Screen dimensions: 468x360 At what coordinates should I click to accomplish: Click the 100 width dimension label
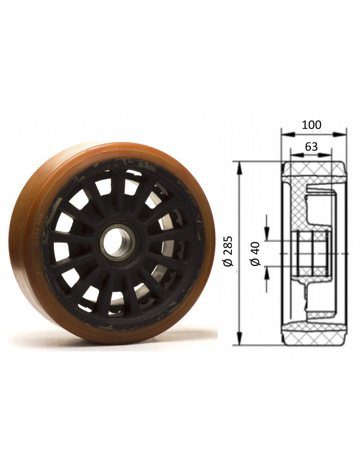tap(311, 125)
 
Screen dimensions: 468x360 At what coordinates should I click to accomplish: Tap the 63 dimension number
tap(311, 146)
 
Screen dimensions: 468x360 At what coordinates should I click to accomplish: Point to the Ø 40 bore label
tap(255, 253)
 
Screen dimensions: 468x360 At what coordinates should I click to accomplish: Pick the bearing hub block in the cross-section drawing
tap(310, 253)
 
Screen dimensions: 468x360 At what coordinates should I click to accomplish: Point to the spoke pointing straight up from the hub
tap(118, 190)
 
